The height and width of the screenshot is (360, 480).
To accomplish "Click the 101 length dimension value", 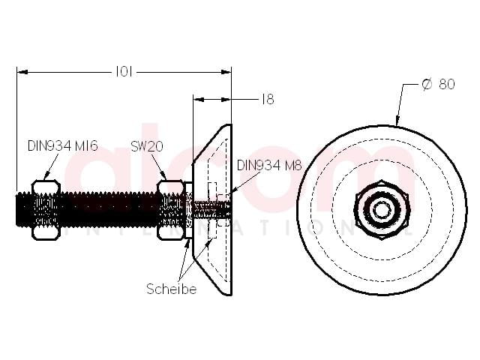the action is pos(124,72).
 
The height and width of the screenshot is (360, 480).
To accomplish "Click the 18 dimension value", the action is pos(268,99).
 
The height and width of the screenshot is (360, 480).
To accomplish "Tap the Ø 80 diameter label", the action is pos(438,84).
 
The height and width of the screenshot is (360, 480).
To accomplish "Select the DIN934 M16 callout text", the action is pos(63,146).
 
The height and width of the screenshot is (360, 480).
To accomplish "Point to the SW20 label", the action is pos(147,146).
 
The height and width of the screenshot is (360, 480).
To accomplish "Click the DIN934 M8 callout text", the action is pos(269,166).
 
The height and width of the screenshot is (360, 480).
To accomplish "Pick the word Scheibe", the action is pos(172,289).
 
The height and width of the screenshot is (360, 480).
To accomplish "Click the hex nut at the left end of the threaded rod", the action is pos(46,210).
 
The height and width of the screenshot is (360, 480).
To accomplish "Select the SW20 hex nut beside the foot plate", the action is pos(171,210).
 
